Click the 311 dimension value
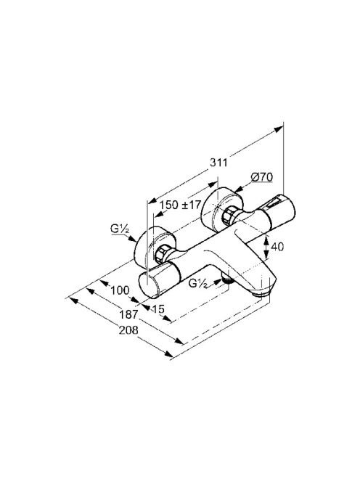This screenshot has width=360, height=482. click(218, 162)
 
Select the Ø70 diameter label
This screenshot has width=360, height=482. click(261, 177)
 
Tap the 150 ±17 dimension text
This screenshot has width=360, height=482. click(181, 205)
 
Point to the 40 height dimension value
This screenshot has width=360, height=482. click(277, 247)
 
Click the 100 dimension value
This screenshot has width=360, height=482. click(120, 290)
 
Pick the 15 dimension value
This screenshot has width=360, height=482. click(158, 309)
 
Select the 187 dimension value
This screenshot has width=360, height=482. click(128, 314)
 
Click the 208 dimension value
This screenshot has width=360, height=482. click(128, 330)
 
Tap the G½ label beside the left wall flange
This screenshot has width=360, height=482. click(120, 229)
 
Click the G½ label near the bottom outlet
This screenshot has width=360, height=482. click(197, 283)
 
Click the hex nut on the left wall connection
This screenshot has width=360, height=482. click(161, 254)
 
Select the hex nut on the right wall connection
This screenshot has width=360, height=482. click(229, 215)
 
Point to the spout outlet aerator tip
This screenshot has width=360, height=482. click(261, 294)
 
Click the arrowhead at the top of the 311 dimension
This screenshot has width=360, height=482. click(279, 128)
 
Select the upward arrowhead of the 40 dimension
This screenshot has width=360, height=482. click(266, 238)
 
